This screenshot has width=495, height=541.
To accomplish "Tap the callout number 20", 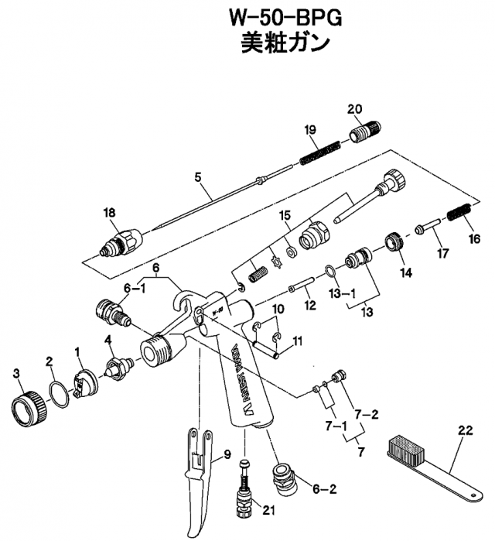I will [354, 108].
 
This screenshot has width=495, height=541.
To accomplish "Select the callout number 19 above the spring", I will [309, 129].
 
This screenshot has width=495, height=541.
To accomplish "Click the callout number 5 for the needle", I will [198, 177].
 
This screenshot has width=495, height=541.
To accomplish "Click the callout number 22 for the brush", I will [464, 431].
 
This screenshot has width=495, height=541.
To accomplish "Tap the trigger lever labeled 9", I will [197, 480].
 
